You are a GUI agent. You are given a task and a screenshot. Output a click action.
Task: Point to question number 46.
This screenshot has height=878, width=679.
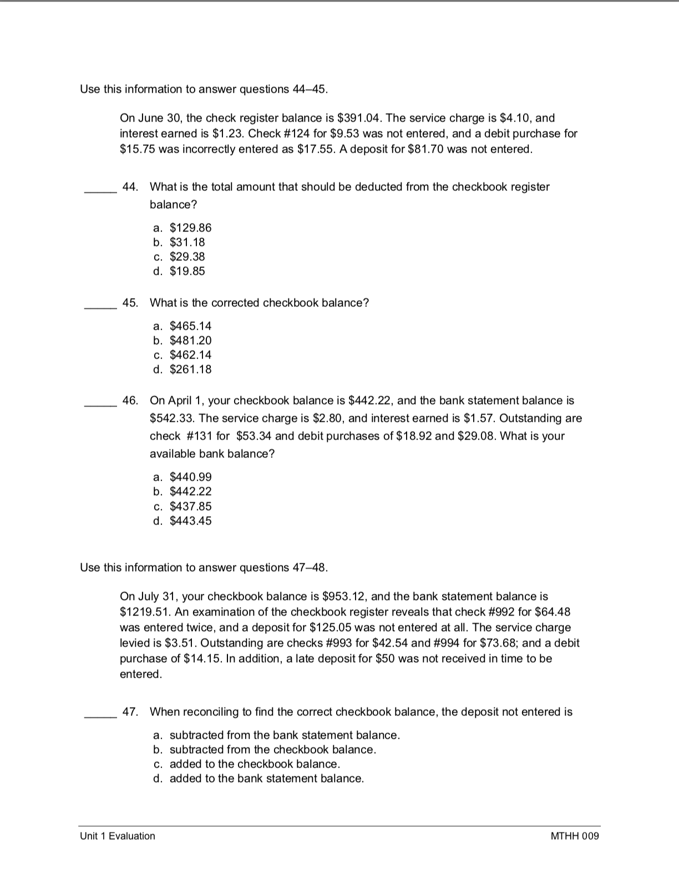pyautogui.click(x=130, y=400)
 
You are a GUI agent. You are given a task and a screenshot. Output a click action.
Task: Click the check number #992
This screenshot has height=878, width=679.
pyautogui.click(x=500, y=612)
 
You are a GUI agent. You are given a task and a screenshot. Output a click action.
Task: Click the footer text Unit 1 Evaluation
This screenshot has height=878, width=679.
pyautogui.click(x=118, y=836)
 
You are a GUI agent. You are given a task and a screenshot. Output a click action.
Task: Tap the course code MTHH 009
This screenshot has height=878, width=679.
pyautogui.click(x=575, y=836)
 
